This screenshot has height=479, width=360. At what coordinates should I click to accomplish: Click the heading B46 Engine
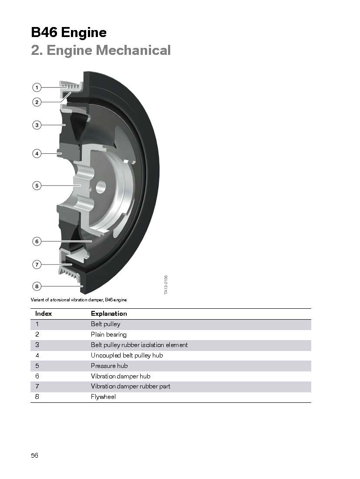[x=69, y=32]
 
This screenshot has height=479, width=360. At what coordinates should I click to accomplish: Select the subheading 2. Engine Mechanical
[x=101, y=50]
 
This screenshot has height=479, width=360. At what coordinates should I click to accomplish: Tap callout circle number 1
[x=37, y=88]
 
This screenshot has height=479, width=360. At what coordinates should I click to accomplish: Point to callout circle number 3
[x=37, y=125]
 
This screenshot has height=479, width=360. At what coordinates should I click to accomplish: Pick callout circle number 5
[x=37, y=186]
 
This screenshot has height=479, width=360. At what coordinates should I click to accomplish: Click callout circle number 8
[x=37, y=286]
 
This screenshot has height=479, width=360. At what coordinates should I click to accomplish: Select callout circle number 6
[x=37, y=241]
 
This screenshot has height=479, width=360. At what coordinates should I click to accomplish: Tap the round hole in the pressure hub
[x=101, y=187]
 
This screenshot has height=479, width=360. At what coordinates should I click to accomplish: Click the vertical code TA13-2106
[x=166, y=285]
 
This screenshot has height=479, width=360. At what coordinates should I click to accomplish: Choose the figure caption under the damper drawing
[x=79, y=300]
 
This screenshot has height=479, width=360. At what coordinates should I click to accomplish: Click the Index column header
[x=44, y=314]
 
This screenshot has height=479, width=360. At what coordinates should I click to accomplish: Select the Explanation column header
[x=109, y=314]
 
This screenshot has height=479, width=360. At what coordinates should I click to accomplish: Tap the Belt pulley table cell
[x=106, y=324]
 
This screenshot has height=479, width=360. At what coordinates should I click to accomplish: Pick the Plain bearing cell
[x=109, y=334]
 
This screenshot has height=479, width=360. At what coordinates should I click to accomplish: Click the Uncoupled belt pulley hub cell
[x=127, y=355]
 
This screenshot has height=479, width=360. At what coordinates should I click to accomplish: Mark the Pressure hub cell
[x=109, y=366]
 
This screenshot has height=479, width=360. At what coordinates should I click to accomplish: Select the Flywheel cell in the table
[x=103, y=397]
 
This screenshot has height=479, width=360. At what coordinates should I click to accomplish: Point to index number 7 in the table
[x=37, y=386]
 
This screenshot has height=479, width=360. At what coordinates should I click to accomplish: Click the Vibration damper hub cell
[x=121, y=376]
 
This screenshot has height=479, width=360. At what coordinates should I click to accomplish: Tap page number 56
[x=34, y=455]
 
